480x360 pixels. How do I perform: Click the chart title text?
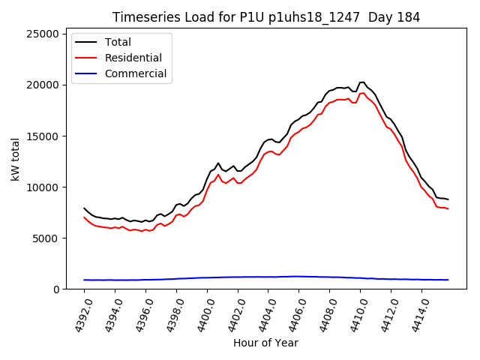266,17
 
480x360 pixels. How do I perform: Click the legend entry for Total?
118,42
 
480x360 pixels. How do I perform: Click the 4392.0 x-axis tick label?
78,314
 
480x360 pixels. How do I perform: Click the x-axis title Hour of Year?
265,343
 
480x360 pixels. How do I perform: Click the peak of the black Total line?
364,82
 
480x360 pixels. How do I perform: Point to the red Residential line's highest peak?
364,92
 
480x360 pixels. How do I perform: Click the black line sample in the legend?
88,42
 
